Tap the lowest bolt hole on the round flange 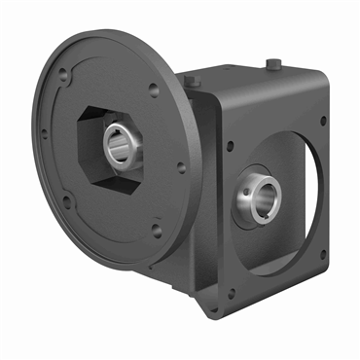pyautogui.click(x=157, y=231)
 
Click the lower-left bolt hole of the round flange pyautogui.click(x=66, y=202)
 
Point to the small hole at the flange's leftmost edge pyautogui.click(x=43, y=135)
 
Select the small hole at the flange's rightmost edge pyautogui.click(x=181, y=166)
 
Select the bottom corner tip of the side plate pyautogui.click(x=216, y=313)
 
